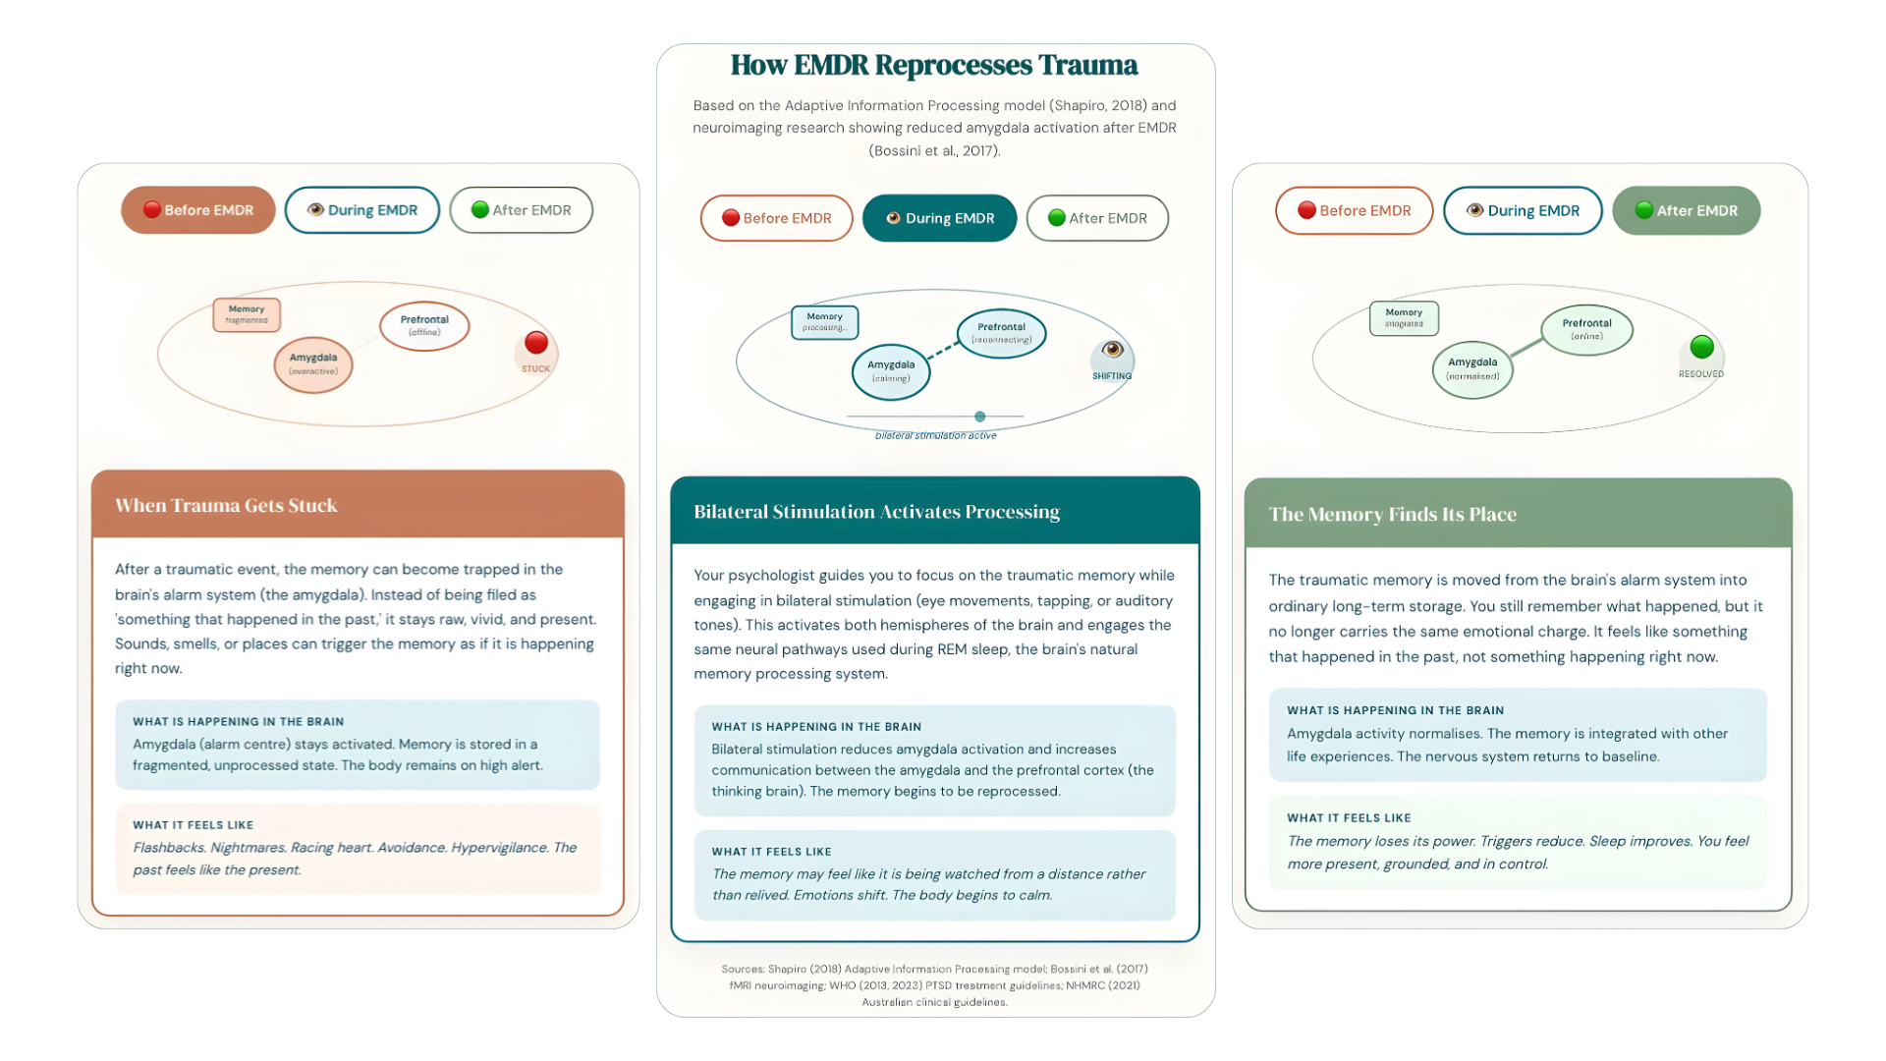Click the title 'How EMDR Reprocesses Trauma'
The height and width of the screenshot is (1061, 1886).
(x=933, y=65)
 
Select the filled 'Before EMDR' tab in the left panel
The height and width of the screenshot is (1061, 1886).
(x=198, y=210)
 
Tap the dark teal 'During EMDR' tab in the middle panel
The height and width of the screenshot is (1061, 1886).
(x=939, y=218)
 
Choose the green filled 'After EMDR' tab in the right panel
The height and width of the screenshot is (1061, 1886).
(x=1686, y=210)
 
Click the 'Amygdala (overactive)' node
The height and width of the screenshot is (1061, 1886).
(x=313, y=364)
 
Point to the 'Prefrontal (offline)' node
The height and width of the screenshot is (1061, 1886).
(x=424, y=326)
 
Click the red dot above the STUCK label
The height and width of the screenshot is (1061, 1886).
(x=536, y=343)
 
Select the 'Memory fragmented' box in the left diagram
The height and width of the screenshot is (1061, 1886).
(x=247, y=314)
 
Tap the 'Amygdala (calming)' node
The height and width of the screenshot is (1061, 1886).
(x=891, y=371)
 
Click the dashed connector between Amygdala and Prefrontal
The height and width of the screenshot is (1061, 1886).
(x=943, y=350)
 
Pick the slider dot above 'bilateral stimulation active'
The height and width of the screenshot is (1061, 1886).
(x=979, y=417)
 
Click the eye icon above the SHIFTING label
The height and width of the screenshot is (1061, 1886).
(x=1112, y=350)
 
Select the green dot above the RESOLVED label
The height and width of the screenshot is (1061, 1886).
(x=1701, y=347)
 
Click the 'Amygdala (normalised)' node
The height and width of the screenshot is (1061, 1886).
(x=1472, y=369)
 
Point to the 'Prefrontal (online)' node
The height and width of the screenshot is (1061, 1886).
(x=1586, y=329)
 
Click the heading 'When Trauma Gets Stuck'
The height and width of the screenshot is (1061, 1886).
(x=226, y=505)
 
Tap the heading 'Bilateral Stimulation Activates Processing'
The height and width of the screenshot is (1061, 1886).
(x=876, y=512)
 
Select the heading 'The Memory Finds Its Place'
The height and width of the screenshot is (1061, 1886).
(x=1392, y=514)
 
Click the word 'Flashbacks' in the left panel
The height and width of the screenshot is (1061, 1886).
(x=168, y=848)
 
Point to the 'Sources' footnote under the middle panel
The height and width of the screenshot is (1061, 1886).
(x=934, y=985)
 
